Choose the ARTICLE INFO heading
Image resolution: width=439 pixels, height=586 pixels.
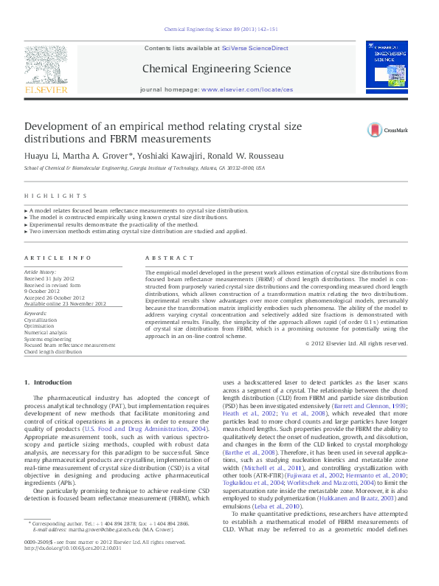(x=59, y=258)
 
